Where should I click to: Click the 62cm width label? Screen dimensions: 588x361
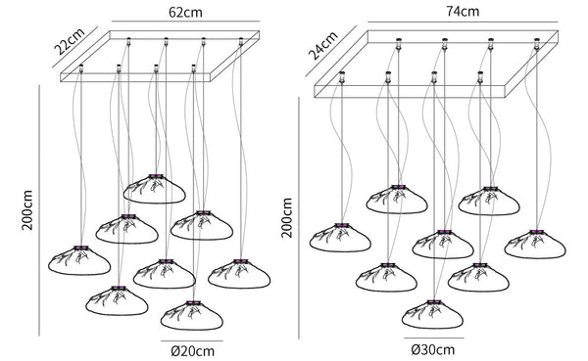pos(185,13)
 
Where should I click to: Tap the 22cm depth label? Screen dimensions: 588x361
pos(70,40)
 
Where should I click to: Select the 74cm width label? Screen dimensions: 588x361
pos(463,11)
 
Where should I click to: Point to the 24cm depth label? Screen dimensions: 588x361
pos(322,46)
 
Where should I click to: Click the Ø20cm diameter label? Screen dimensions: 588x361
pos(193,351)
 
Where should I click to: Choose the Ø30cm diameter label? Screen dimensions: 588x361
pos(433,350)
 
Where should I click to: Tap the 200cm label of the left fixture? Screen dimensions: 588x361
pos(27,210)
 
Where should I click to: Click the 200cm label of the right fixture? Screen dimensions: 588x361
pos(287,218)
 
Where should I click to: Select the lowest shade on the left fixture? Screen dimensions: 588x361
pos(192,315)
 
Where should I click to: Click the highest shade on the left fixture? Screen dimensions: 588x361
pos(154,189)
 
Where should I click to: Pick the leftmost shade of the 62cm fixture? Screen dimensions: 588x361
pos(79,260)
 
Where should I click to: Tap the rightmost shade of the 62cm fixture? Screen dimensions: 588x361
pos(239,273)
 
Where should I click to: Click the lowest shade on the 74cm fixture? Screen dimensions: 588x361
pos(433,314)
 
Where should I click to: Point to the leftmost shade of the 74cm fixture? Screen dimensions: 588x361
pos(340,238)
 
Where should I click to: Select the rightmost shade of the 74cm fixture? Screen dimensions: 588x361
pos(535,245)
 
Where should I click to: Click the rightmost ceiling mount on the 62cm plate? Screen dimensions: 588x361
pos(241,41)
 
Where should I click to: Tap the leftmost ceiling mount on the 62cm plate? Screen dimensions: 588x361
pos(81,68)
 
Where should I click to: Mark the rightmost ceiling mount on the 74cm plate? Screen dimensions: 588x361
pos(537,44)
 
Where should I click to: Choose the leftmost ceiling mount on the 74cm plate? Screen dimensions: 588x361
pos(342,76)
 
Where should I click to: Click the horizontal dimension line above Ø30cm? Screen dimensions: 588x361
pos(433,338)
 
